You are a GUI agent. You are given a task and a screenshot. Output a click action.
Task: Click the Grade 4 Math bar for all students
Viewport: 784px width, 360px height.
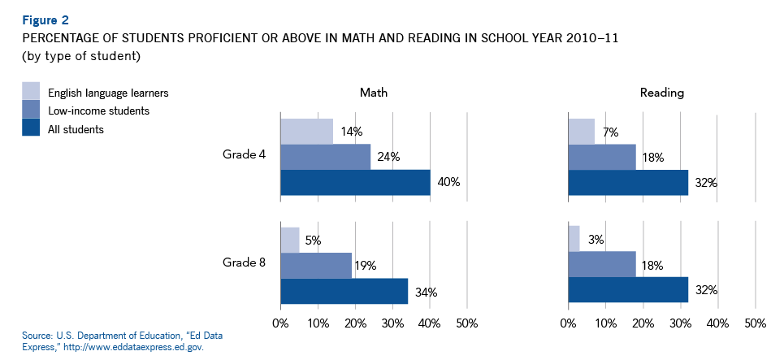point(355,183)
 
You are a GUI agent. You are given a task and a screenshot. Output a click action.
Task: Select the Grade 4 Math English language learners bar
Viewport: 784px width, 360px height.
point(306,131)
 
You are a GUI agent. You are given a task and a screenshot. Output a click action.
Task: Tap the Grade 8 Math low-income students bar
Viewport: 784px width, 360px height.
point(316,265)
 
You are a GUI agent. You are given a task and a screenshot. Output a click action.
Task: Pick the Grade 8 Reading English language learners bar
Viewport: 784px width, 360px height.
point(574,239)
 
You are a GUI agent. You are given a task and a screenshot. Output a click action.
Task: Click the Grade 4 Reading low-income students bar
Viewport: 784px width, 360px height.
point(601,157)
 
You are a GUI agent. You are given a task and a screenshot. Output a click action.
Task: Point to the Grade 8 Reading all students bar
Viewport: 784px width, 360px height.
point(627,290)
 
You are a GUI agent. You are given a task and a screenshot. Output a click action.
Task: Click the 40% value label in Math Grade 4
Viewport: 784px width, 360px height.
point(448,183)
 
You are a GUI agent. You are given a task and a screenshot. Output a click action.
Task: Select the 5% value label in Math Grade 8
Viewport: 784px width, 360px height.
point(313,240)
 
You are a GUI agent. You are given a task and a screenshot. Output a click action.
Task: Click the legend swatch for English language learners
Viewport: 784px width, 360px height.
point(31,90)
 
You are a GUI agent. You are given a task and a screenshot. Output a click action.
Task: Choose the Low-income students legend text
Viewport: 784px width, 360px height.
point(98,111)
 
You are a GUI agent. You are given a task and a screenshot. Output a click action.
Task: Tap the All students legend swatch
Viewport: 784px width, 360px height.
point(31,128)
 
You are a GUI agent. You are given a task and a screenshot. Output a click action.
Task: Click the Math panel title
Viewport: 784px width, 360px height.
point(374,93)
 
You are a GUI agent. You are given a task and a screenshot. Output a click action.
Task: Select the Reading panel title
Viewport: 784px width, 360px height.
point(661,93)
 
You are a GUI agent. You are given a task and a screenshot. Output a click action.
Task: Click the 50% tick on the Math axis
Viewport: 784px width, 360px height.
point(466,324)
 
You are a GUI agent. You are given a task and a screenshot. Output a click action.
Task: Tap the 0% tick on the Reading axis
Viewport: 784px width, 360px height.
point(568,324)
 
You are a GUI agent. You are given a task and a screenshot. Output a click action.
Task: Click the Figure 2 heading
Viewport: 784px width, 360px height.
point(45,20)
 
